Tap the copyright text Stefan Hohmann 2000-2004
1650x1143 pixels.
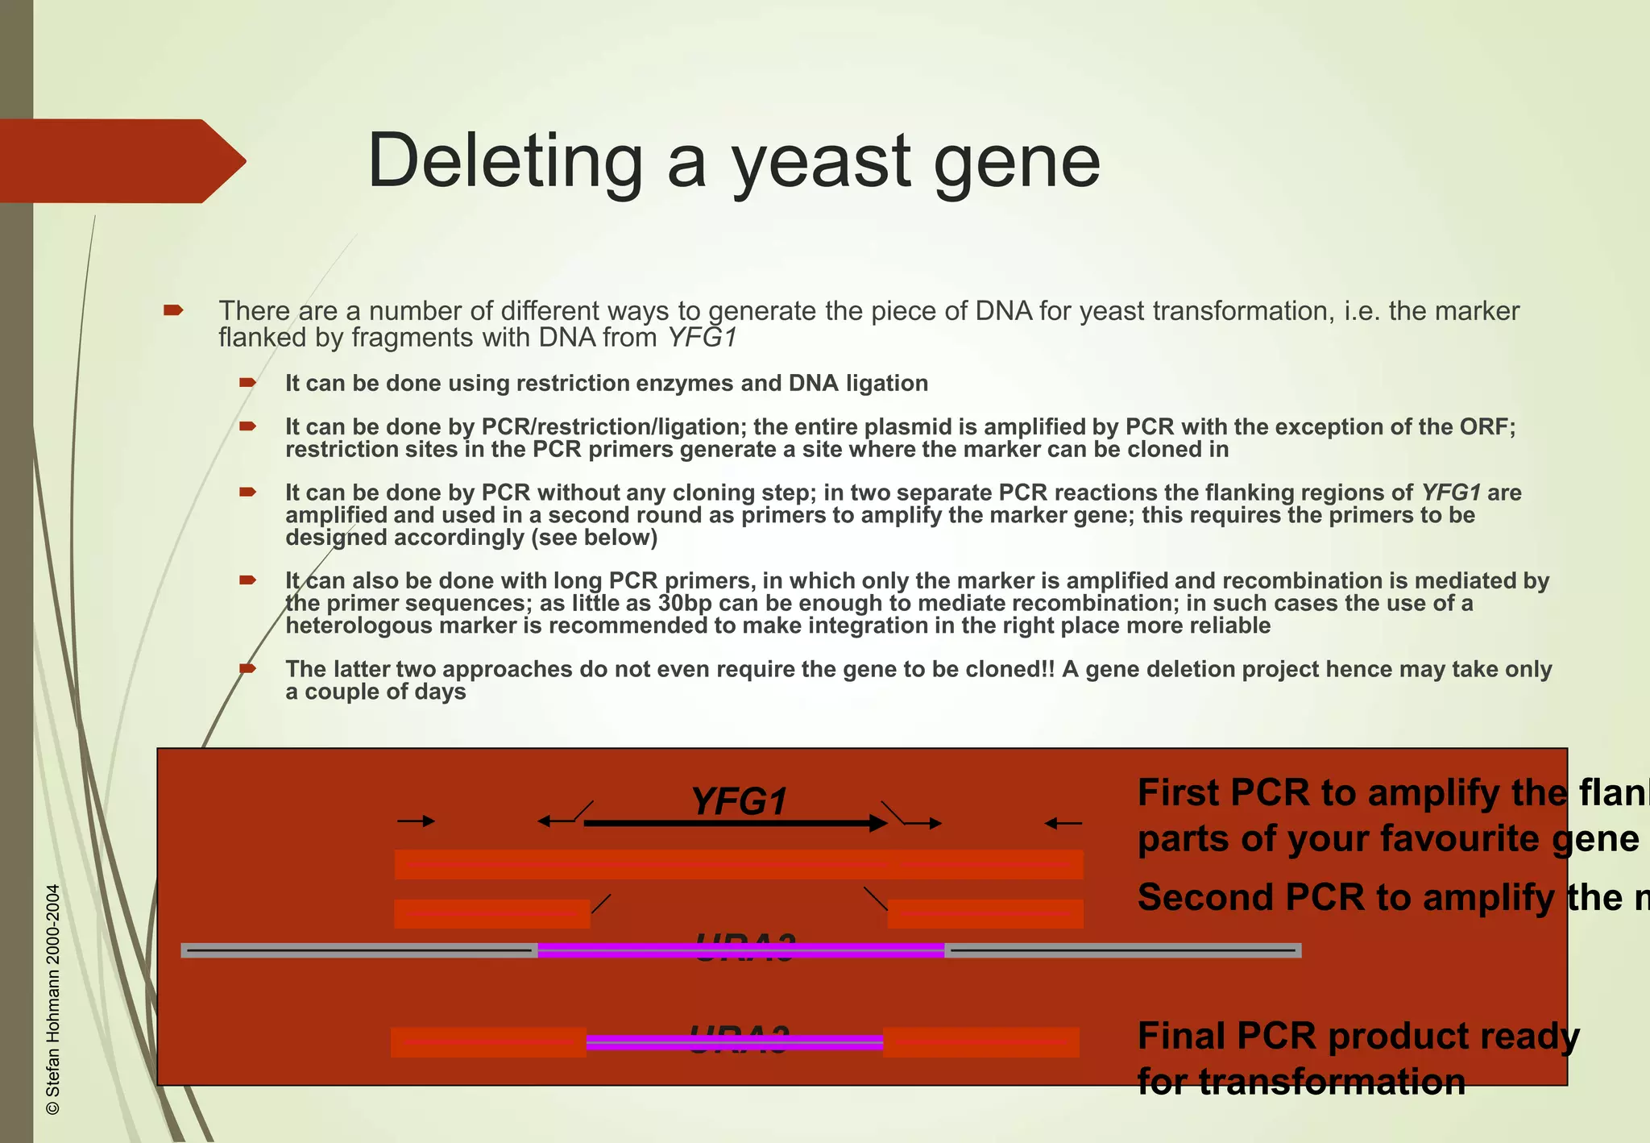tap(53, 1000)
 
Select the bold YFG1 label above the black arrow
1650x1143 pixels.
tap(739, 801)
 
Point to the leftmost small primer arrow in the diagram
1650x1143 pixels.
tap(416, 821)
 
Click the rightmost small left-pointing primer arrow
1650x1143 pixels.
tap(1063, 823)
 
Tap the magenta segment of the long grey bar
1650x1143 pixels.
tap(740, 950)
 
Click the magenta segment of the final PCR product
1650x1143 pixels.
tap(734, 1042)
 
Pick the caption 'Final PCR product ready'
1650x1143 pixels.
tap(1358, 1036)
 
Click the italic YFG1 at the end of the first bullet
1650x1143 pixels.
tap(703, 338)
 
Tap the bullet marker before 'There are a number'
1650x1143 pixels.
tap(173, 310)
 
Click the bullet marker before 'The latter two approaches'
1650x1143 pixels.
tap(247, 668)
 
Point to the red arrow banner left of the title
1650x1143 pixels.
tap(121, 160)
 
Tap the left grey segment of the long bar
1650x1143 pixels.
tap(359, 950)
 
